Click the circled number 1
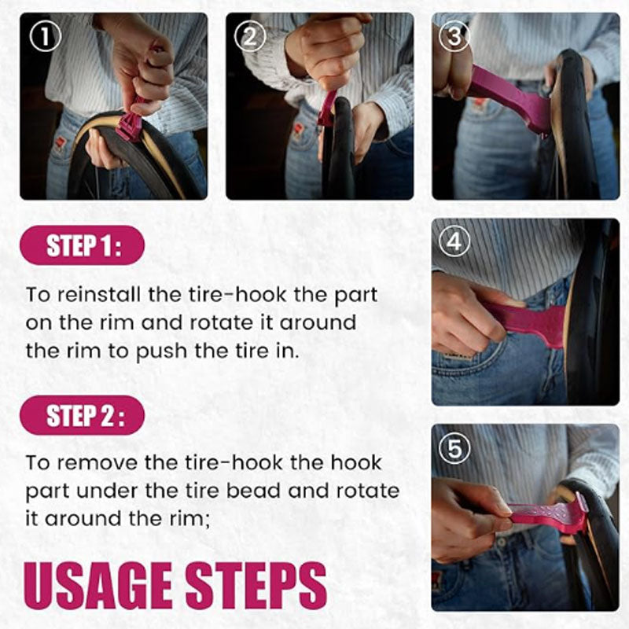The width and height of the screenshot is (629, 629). [x=46, y=36]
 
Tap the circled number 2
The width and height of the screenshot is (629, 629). [x=250, y=36]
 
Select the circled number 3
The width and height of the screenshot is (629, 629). [x=454, y=36]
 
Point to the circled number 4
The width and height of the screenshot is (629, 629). [x=454, y=241]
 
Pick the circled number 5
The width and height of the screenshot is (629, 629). [x=454, y=448]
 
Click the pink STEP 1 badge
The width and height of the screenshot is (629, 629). [x=83, y=245]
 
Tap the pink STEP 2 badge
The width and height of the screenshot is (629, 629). [x=83, y=415]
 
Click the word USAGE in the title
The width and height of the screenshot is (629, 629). [x=97, y=586]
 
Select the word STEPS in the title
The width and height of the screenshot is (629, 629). [x=256, y=586]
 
